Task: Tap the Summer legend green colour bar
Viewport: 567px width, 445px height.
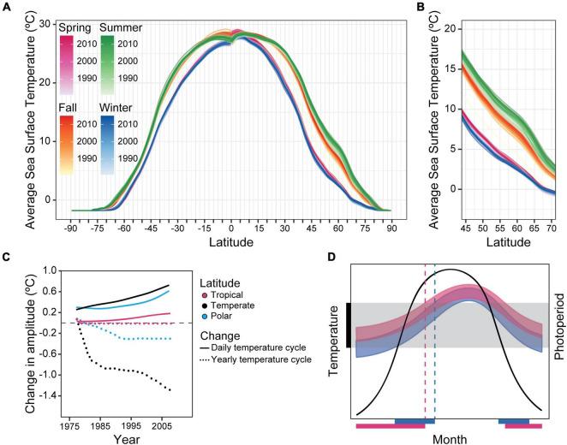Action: click(x=107, y=64)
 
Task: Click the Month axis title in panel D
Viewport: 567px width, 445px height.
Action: click(x=451, y=438)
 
